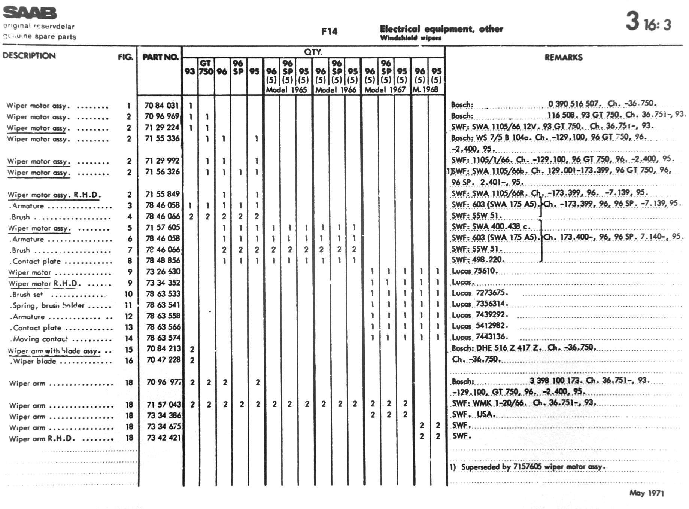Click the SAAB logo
click(30, 13)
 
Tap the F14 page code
click(329, 31)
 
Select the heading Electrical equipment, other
click(441, 29)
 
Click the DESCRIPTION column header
click(29, 56)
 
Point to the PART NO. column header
click(160, 57)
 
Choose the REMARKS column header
click(563, 57)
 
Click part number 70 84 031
click(162, 106)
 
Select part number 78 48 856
click(163, 260)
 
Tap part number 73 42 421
click(164, 438)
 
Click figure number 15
click(129, 350)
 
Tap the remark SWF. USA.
click(474, 415)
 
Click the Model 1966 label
click(336, 90)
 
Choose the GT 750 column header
click(206, 67)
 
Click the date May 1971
click(646, 493)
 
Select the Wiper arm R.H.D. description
click(42, 439)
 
